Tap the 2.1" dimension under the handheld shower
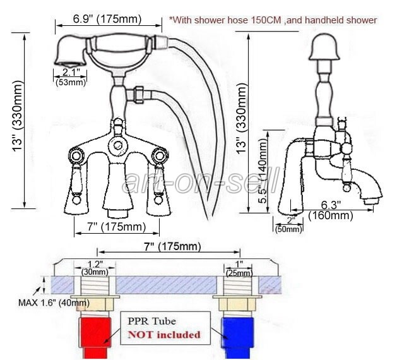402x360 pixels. click(x=70, y=71)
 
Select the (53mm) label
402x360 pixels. click(x=71, y=82)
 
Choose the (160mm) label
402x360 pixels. click(x=331, y=216)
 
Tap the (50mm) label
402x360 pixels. click(x=289, y=228)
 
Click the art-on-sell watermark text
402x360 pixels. click(x=201, y=183)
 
